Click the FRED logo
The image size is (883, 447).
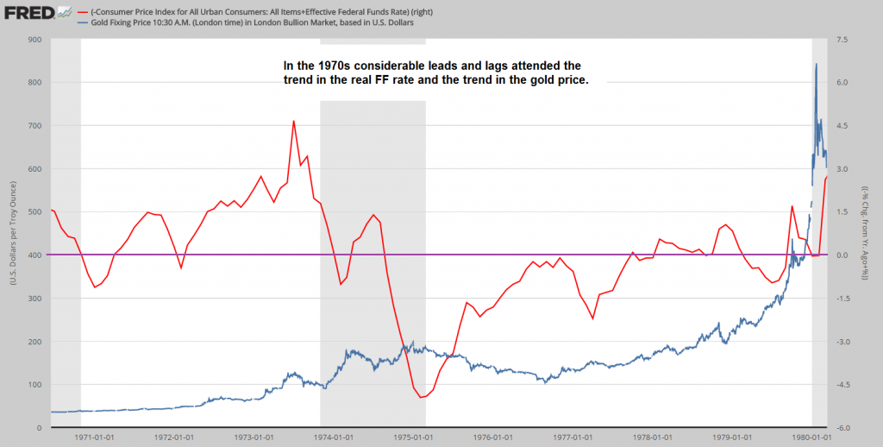pyautogui.click(x=26, y=13)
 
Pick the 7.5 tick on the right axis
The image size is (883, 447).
pyautogui.click(x=842, y=39)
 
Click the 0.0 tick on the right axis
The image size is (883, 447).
pyautogui.click(x=842, y=255)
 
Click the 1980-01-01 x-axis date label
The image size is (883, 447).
pyautogui.click(x=811, y=438)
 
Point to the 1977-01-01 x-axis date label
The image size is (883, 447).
pyautogui.click(x=572, y=438)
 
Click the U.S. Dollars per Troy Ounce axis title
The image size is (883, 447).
pyautogui.click(x=12, y=233)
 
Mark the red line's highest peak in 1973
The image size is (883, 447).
pyautogui.click(x=293, y=121)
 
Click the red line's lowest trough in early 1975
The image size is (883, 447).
pyautogui.click(x=421, y=398)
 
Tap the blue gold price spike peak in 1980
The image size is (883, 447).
pyautogui.click(x=816, y=64)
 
